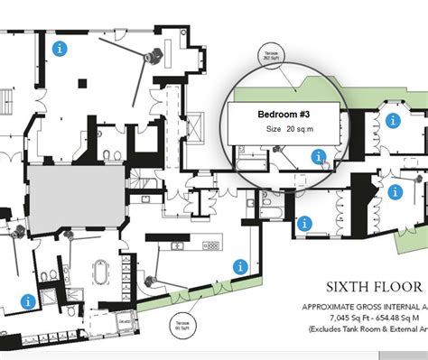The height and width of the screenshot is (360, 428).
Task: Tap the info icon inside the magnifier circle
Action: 317,156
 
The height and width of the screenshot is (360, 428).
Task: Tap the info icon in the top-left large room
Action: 60,47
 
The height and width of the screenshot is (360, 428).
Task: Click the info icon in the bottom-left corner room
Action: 29,300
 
